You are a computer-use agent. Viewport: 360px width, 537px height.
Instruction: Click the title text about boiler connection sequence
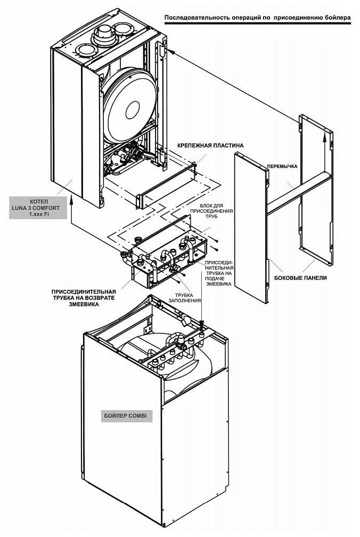tap(257, 18)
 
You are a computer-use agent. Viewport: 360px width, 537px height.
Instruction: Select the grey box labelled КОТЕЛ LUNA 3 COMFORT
tap(38, 207)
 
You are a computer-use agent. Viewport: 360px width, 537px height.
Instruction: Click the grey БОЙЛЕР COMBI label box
tap(127, 415)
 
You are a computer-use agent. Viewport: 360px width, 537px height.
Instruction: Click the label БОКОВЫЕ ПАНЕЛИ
tap(300, 278)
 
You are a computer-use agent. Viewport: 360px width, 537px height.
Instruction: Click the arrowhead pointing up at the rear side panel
tap(324, 137)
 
